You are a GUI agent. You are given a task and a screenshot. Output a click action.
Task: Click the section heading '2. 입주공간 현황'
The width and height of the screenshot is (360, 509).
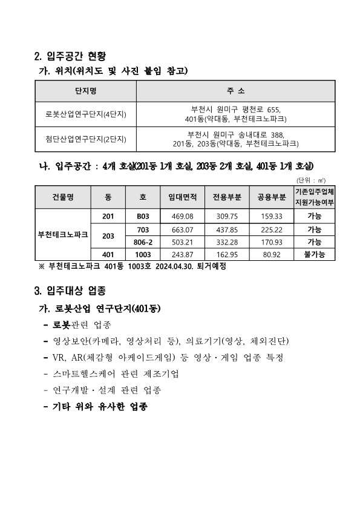pos(71,57)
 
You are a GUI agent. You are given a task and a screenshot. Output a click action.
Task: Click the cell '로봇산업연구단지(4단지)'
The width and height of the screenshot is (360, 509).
pos(86,114)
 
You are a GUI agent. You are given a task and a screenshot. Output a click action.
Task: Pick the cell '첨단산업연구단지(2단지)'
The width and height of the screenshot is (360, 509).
pos(86,139)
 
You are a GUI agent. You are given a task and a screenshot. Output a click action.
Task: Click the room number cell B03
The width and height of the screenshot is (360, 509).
pos(143,216)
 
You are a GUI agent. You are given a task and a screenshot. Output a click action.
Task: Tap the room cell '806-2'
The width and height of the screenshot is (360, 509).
pos(143,242)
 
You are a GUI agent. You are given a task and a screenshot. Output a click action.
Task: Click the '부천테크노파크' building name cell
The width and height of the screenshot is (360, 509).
pos(62,235)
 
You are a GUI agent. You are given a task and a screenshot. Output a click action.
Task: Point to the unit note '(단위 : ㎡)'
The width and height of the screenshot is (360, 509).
pos(311,180)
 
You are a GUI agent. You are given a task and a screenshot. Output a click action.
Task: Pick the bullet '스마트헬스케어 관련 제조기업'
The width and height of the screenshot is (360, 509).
pos(116,373)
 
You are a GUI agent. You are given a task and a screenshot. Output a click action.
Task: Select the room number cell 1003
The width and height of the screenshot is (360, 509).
pos(143,255)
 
